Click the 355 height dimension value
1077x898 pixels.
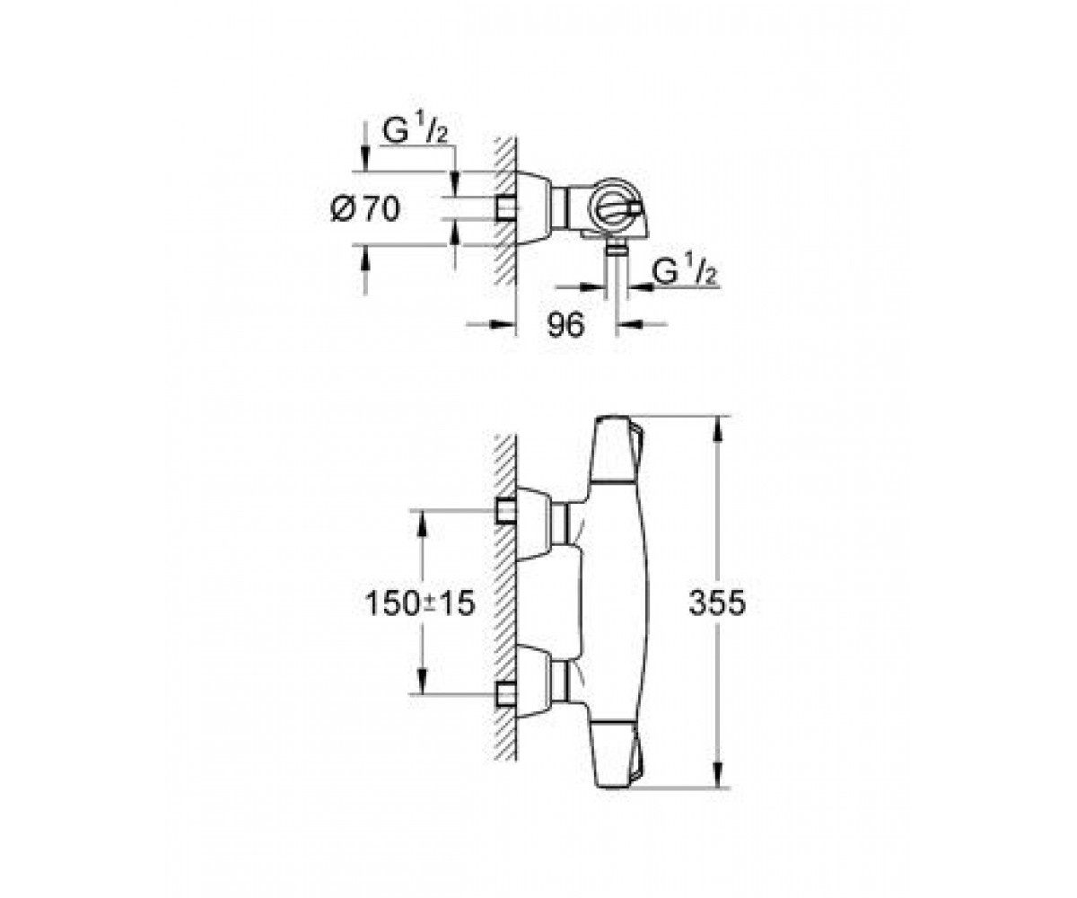[717, 603]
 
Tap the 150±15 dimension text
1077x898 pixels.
[419, 603]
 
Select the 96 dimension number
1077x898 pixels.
[565, 325]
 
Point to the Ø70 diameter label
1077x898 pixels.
[365, 209]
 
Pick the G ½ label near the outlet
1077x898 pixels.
[685, 271]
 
